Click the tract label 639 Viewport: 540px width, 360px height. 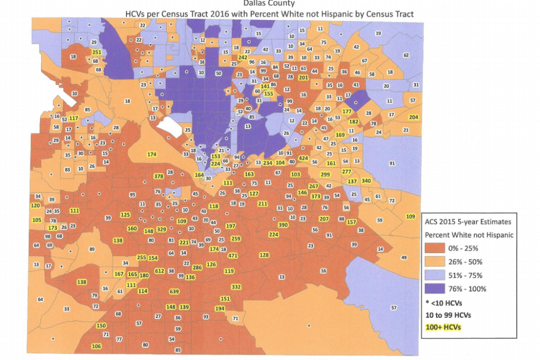point(174,291)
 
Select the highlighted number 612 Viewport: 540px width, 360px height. point(159,271)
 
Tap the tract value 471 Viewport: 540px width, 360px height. point(233,256)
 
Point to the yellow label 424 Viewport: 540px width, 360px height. point(303,158)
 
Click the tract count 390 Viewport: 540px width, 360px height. point(283,225)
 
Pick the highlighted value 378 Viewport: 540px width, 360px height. point(158,176)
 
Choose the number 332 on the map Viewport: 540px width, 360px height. point(236,287)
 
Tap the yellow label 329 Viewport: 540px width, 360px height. point(161,229)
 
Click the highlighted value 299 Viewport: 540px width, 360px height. point(325,174)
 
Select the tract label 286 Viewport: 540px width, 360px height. point(197,268)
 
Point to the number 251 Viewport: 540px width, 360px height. point(97,53)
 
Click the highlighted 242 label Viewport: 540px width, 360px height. point(243,57)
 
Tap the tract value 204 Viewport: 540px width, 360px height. point(413,117)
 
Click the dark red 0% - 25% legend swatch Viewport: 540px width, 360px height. point(440,248)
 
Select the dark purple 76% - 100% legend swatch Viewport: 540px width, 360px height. point(440,288)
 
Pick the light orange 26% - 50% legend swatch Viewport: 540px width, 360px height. point(440,261)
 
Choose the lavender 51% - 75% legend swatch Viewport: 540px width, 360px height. point(440,275)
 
